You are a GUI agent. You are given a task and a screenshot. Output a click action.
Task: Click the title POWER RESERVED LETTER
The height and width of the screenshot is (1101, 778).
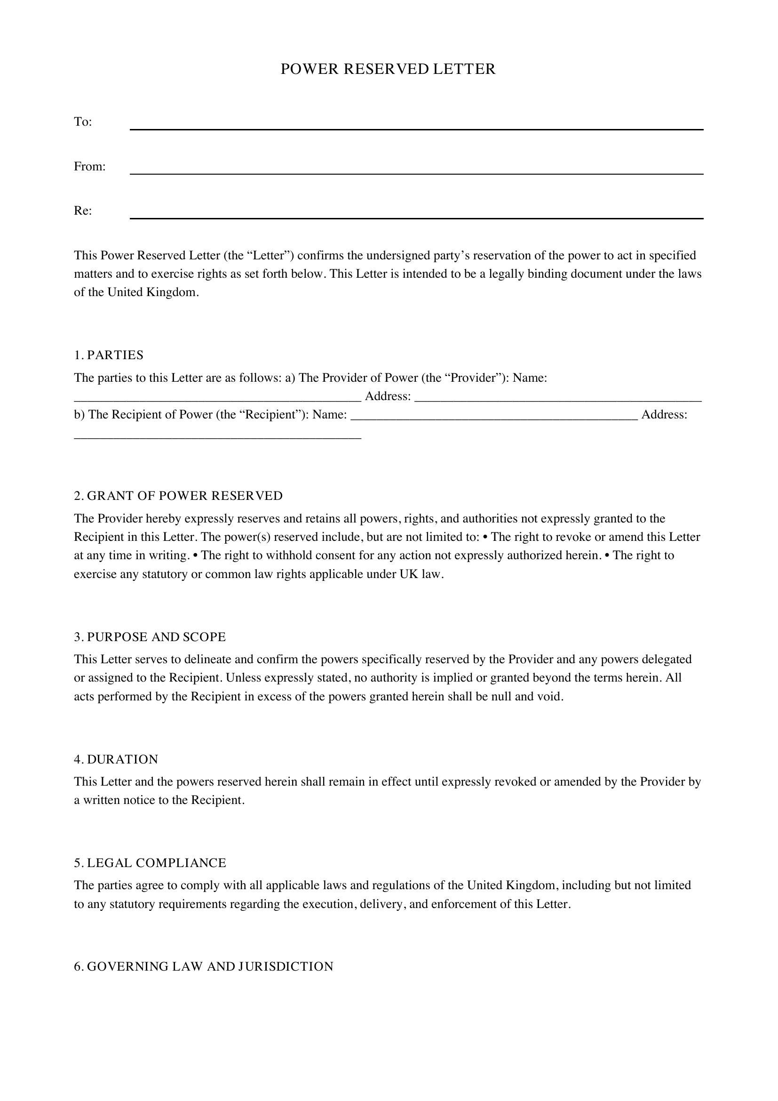pyautogui.click(x=388, y=70)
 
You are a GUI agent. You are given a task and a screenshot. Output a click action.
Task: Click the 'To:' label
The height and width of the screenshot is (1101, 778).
pyautogui.click(x=83, y=122)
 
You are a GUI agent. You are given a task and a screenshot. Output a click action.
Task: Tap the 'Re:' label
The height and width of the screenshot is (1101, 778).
pyautogui.click(x=83, y=211)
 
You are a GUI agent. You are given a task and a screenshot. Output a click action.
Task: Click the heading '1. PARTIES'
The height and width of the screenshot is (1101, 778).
pyautogui.click(x=109, y=355)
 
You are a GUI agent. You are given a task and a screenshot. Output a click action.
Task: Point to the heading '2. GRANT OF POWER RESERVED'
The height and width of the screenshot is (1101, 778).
pyautogui.click(x=178, y=496)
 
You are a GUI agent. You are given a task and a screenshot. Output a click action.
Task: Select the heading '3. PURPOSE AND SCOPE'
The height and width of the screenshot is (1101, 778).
pyautogui.click(x=150, y=637)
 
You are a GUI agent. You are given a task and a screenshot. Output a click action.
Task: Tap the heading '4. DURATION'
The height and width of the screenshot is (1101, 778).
pyautogui.click(x=116, y=760)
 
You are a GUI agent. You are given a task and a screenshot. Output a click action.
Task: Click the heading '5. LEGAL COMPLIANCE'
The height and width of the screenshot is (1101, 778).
pyautogui.click(x=150, y=863)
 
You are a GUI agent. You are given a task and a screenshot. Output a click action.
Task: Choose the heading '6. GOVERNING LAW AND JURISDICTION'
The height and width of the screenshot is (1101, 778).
pyautogui.click(x=204, y=966)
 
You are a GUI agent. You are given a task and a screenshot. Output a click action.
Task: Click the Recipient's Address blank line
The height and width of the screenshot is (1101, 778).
pyautogui.click(x=217, y=436)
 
